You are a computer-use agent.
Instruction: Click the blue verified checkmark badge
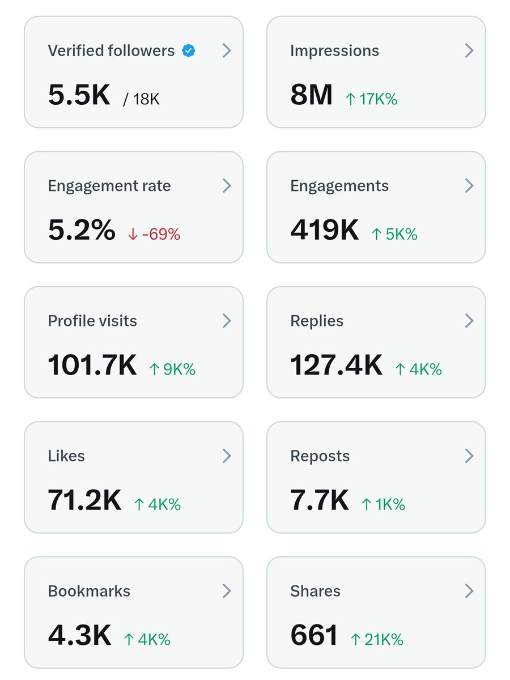click(189, 51)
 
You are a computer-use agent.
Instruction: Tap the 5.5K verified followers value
click(79, 95)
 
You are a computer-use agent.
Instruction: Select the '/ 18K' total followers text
click(142, 100)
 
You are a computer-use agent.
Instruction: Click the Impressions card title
click(334, 51)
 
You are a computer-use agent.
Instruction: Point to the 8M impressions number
click(311, 95)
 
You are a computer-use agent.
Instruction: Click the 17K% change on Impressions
click(372, 100)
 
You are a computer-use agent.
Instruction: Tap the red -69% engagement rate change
click(154, 235)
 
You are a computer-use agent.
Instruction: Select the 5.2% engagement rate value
click(82, 230)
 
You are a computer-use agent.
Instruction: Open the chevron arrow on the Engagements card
click(469, 186)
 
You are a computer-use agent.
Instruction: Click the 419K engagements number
click(324, 230)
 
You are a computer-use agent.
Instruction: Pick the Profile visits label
click(92, 321)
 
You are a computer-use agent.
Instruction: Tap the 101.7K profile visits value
click(92, 365)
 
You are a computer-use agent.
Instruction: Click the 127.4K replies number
click(336, 365)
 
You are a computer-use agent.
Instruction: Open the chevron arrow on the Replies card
click(469, 321)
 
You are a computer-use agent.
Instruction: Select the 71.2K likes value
click(84, 500)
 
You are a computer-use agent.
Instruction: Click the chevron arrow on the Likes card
click(226, 456)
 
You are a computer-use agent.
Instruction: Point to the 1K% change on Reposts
click(384, 504)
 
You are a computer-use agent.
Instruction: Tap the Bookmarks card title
click(89, 591)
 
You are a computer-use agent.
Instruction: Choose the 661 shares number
click(314, 635)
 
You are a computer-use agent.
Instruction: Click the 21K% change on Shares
click(377, 640)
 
